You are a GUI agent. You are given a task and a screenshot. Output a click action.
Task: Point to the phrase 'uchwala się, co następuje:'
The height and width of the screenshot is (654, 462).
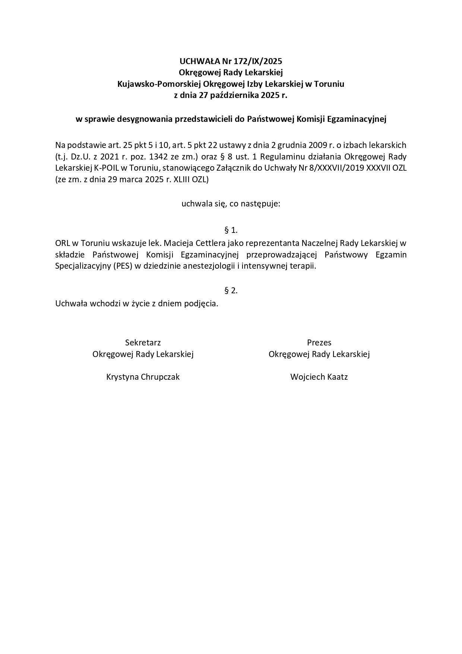(231, 204)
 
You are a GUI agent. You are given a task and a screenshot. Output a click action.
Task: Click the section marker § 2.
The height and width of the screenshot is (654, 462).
(231, 290)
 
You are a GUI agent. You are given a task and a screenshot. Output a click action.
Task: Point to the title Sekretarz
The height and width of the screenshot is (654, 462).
(143, 342)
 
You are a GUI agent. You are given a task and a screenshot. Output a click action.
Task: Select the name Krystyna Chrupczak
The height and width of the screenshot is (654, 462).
(143, 377)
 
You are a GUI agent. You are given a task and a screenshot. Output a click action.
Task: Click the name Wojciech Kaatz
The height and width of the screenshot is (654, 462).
(319, 377)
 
